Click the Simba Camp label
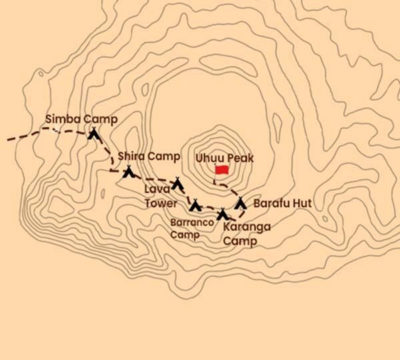point(81,119)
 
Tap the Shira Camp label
point(149,157)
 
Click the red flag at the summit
point(221,171)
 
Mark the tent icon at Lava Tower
point(177,182)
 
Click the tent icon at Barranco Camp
point(195,205)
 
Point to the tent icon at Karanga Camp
point(223,214)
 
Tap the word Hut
point(302,203)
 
